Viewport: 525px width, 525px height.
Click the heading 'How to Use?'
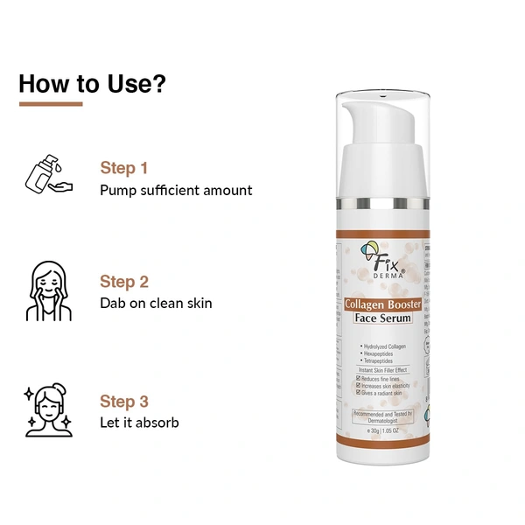tap(93, 84)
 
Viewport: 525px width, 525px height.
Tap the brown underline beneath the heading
tap(51, 104)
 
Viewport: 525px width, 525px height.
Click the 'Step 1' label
tap(123, 167)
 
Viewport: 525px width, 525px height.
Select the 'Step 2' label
tap(123, 281)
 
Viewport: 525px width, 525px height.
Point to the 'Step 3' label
tap(123, 402)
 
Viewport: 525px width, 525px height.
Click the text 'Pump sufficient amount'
tap(176, 190)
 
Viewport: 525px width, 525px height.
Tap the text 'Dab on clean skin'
tap(156, 304)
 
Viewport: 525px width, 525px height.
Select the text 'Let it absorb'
tap(139, 423)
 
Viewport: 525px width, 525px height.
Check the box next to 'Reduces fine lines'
tap(359, 378)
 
